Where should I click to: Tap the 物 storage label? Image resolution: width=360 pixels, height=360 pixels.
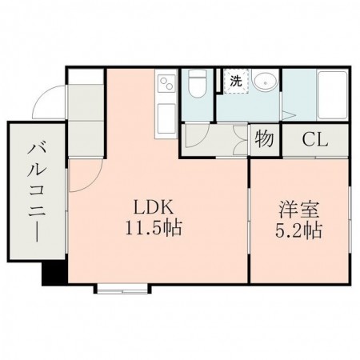click(x=265, y=139)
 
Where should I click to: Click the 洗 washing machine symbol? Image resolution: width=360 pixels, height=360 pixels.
click(x=235, y=81)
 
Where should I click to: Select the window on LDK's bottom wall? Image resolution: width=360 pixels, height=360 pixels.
click(x=122, y=286)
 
